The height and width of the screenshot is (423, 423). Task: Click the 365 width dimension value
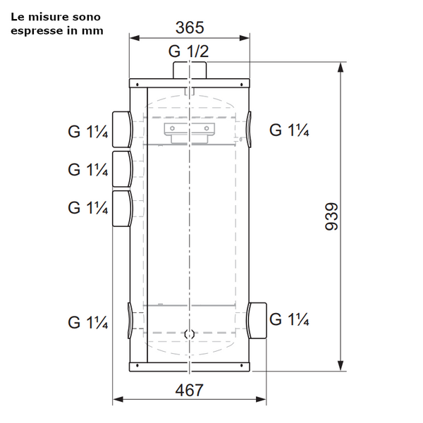click(190, 27)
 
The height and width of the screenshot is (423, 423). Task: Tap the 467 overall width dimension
click(189, 390)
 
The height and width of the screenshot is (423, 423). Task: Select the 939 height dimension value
click(331, 216)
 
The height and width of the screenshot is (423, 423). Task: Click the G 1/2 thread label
click(188, 51)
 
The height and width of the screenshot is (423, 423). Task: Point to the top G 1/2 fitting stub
click(190, 70)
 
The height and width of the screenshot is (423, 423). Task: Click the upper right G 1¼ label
click(289, 130)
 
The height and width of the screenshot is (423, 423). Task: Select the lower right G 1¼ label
click(289, 319)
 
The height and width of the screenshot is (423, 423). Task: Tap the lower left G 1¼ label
click(87, 322)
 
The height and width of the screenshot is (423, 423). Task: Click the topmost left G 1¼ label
click(87, 132)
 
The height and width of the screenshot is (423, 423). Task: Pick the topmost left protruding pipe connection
click(122, 130)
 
